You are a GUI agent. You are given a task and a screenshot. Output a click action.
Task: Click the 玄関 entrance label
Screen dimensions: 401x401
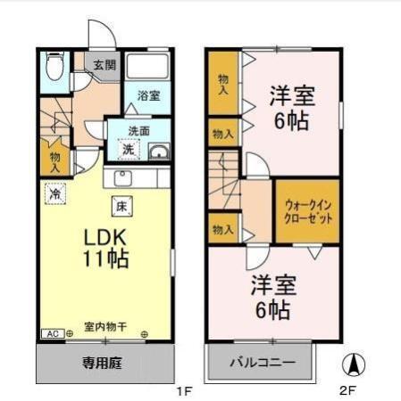(x=105, y=64)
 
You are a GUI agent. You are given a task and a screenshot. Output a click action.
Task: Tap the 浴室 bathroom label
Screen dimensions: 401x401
(x=148, y=96)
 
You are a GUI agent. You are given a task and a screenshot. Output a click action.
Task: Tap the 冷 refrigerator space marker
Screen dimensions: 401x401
(x=55, y=192)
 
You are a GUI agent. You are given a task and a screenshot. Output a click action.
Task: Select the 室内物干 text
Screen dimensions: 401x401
(x=104, y=326)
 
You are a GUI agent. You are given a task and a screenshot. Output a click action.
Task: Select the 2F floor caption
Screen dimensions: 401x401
(x=347, y=390)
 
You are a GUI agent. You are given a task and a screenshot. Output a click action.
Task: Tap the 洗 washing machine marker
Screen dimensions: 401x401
(x=129, y=151)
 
